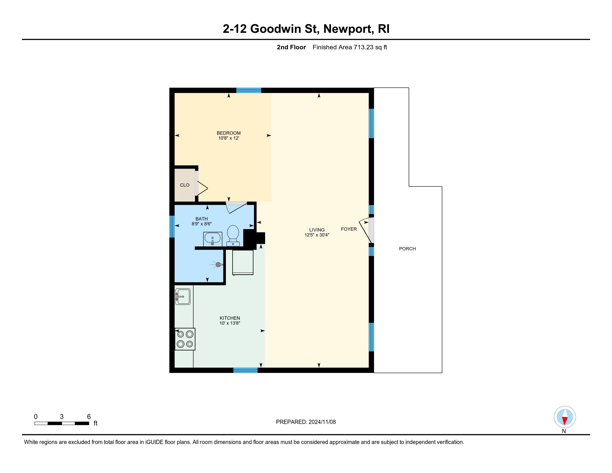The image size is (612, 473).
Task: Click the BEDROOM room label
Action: pos(229,133)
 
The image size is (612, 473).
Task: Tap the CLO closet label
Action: pos(185,185)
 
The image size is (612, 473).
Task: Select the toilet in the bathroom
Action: pos(233,236)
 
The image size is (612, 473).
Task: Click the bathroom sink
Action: pos(213,239)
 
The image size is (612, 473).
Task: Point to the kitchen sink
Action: pos(183,297)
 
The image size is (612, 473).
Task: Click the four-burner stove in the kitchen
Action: pos(185,339)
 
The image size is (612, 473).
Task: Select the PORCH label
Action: pos(408,249)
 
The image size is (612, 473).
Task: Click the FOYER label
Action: pos(349,229)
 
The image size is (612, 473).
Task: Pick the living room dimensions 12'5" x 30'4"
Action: pos(317,235)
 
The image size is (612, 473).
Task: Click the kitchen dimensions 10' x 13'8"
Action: pos(230,323)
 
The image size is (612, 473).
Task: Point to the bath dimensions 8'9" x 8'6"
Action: pos(202,224)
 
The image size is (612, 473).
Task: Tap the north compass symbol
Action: pos(565,417)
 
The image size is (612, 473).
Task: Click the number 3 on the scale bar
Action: pos(62,417)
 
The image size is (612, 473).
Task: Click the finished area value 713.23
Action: pos(364,47)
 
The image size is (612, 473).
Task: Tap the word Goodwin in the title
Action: pos(275,29)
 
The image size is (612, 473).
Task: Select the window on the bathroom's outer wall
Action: pos(172,226)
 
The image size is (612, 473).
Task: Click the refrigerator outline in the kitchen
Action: pos(243,262)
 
